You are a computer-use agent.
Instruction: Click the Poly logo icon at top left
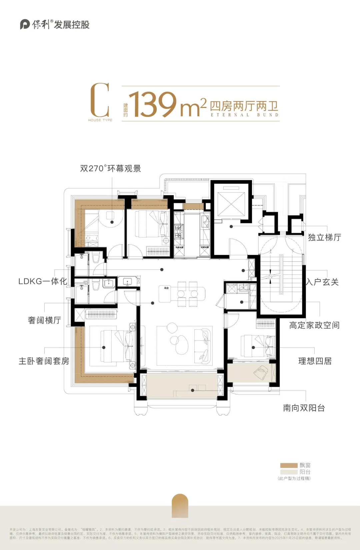coord(25,24)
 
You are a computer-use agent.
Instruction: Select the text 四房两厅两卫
coord(244,106)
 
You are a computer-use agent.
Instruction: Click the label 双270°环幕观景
coord(110,169)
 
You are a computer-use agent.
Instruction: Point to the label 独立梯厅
coord(324,238)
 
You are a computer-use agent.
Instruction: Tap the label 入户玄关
coord(322,282)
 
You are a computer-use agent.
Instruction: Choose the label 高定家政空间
coord(314,325)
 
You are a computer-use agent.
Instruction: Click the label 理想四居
coord(315,361)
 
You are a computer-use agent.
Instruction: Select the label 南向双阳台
coord(304,408)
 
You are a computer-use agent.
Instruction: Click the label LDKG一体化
coord(43,281)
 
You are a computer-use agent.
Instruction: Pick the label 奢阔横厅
coord(44,320)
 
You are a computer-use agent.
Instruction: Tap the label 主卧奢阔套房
coord(44,361)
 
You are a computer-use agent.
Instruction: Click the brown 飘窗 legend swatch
coord(289,465)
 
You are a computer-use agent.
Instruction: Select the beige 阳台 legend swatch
coord(289,472)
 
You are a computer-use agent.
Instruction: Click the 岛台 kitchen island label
coord(166,288)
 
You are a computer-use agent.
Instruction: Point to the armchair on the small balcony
coord(261,372)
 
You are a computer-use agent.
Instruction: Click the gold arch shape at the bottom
coord(180,506)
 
